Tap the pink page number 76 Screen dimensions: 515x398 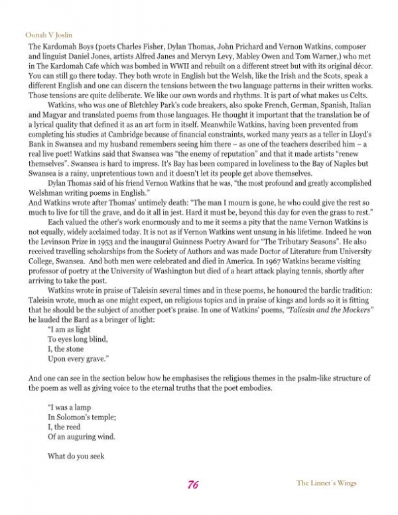(x=194, y=484)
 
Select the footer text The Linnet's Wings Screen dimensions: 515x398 (x=326, y=483)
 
